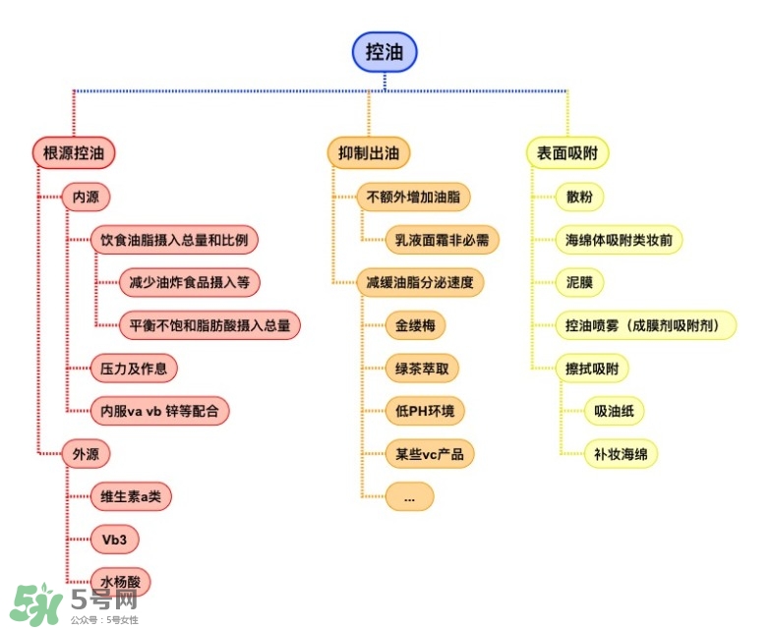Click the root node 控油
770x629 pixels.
[385, 52]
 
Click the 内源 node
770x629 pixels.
[86, 197]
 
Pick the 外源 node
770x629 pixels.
[86, 454]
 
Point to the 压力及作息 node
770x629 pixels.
[134, 369]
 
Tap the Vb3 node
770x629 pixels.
[115, 540]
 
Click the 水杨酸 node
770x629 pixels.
[120, 582]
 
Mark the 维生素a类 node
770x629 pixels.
[131, 496]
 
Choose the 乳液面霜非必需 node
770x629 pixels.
[442, 239]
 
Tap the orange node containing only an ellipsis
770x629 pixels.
[409, 497]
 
